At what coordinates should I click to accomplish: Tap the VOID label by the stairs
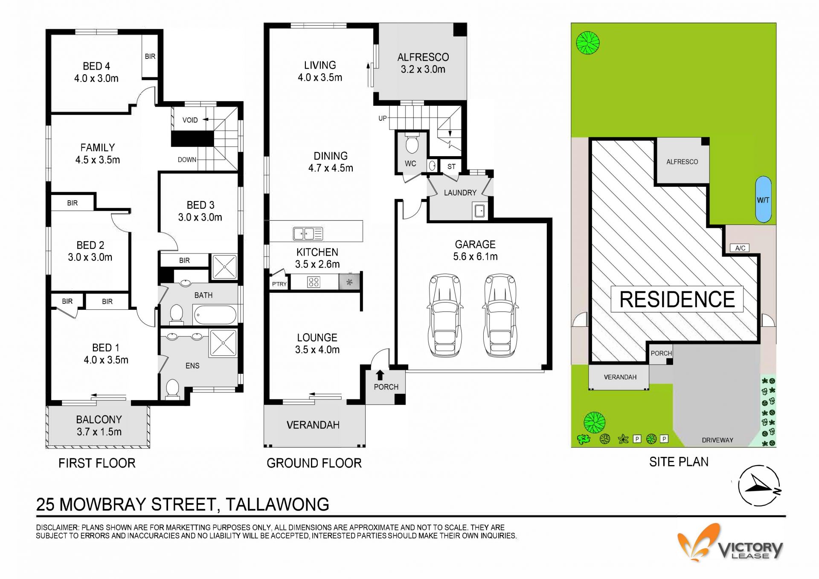[190, 120]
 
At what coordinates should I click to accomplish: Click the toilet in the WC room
[412, 143]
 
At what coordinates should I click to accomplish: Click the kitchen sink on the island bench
[308, 233]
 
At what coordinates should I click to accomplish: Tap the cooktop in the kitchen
[314, 282]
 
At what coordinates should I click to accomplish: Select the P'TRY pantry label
[279, 284]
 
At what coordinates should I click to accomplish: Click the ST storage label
[451, 166]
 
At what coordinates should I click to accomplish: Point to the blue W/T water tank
[763, 199]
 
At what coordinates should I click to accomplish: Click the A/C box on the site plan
[740, 248]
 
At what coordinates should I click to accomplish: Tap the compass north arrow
[759, 485]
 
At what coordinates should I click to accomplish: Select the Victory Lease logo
[730, 542]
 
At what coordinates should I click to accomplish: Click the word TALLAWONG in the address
[277, 504]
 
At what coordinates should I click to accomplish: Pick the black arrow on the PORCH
[380, 375]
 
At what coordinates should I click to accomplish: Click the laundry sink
[479, 210]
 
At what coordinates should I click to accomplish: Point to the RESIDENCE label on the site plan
[677, 299]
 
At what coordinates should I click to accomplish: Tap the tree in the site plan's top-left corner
[588, 43]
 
